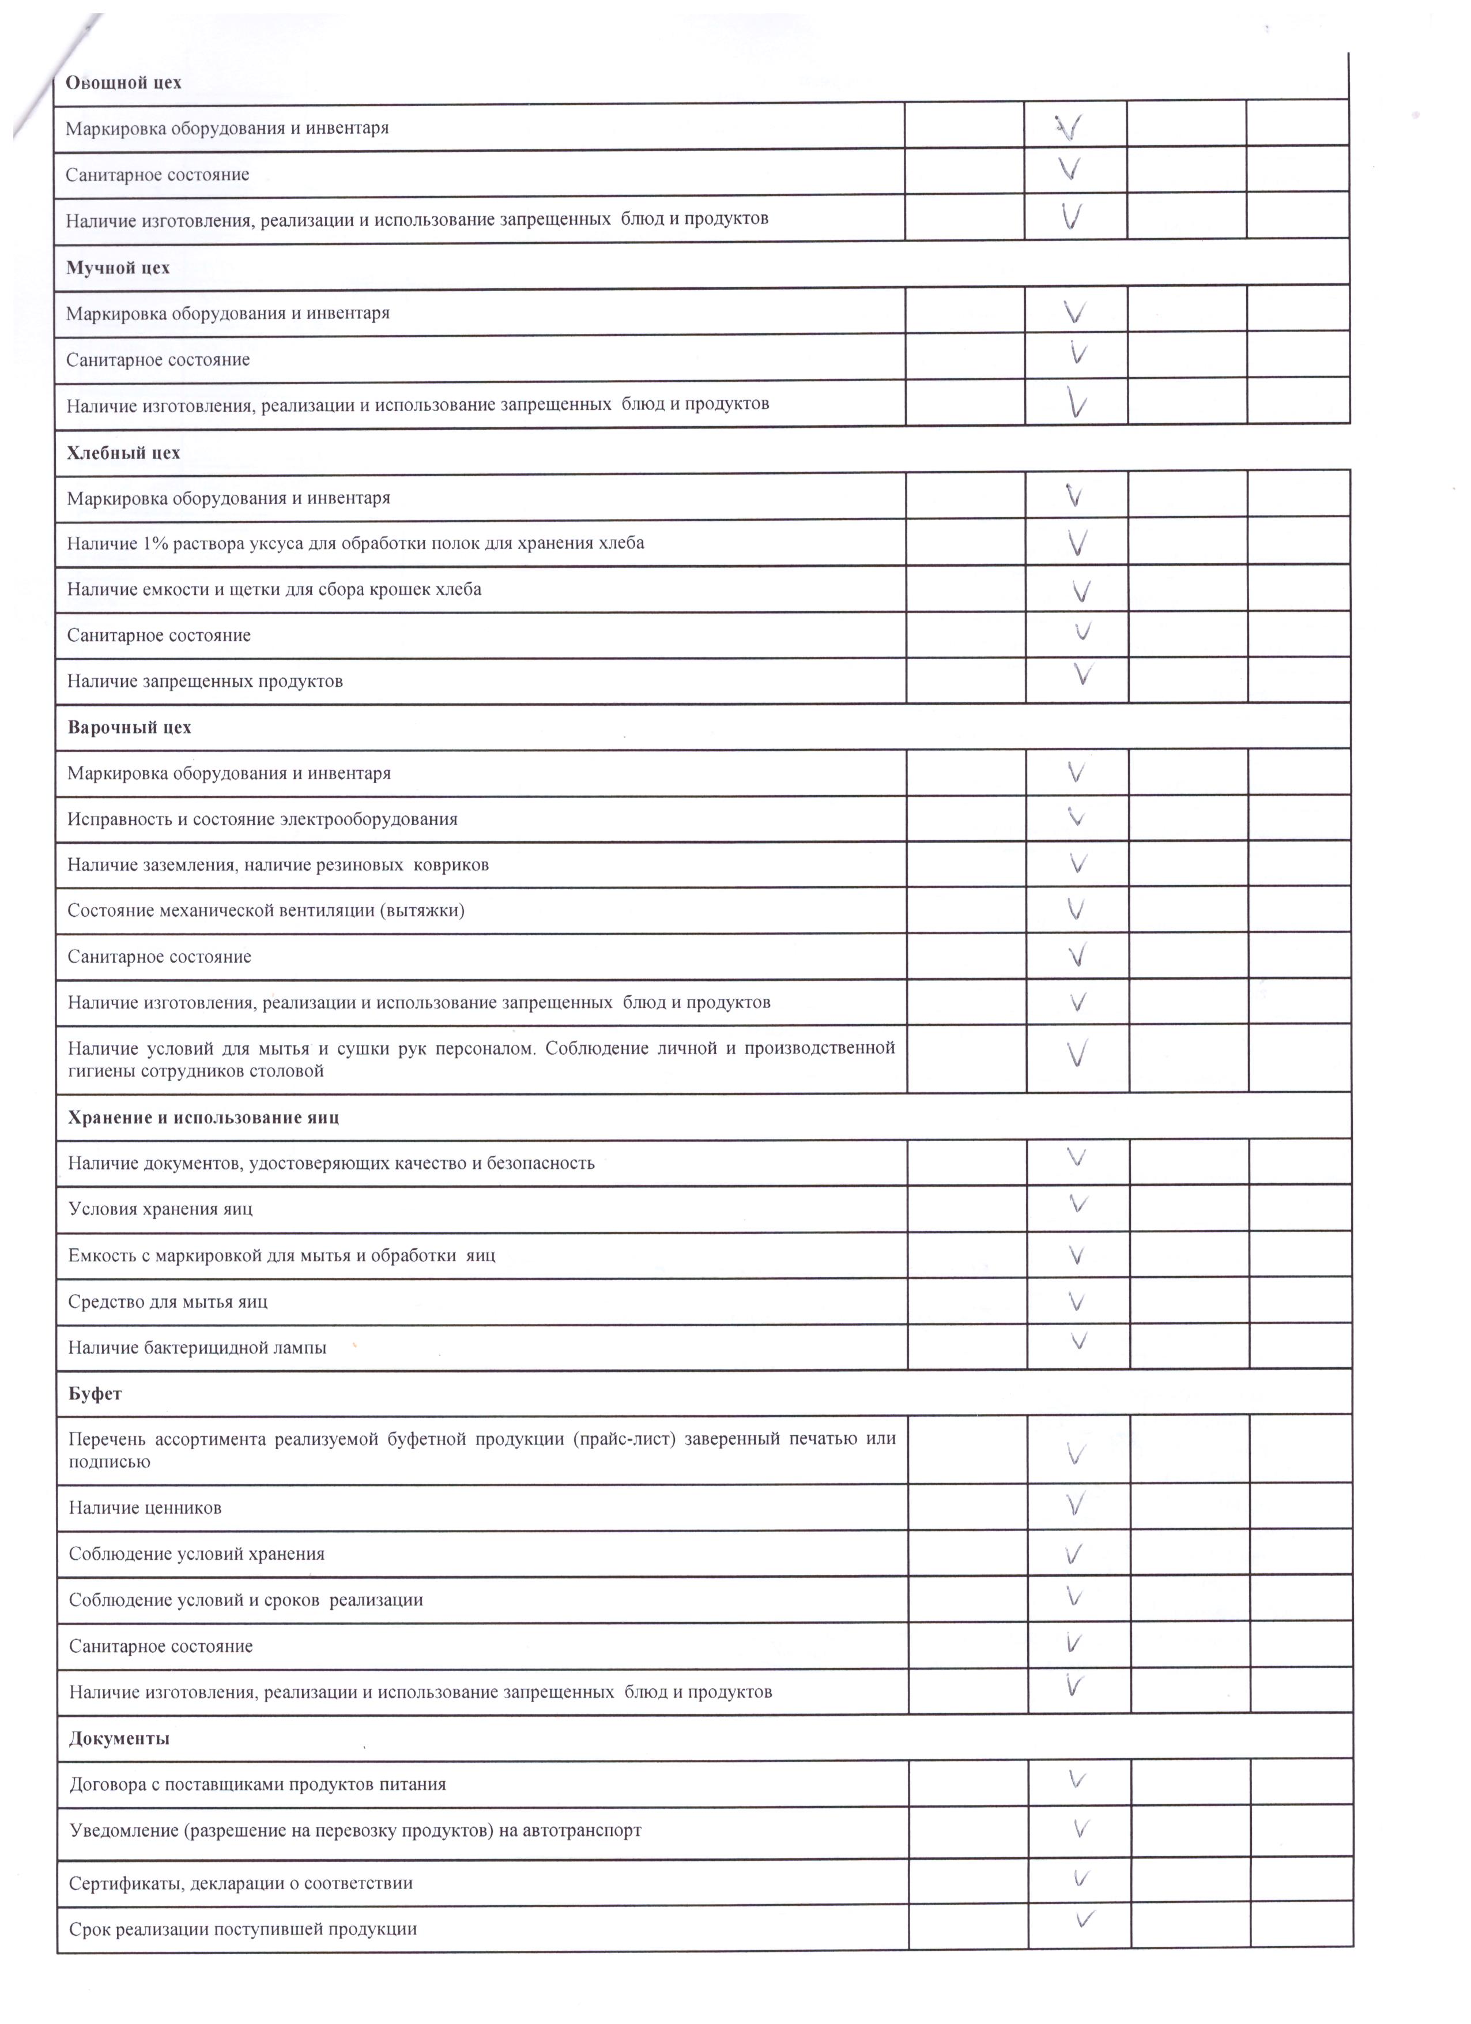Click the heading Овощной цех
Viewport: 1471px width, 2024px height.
pos(123,83)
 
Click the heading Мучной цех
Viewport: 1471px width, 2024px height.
pos(118,268)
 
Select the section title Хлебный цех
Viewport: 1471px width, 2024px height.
pos(123,453)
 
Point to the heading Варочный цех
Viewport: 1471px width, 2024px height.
pos(129,727)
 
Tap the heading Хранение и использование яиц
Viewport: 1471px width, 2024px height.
pos(203,1118)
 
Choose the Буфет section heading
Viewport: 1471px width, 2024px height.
pos(95,1394)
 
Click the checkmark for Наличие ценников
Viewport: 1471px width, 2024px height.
pos(1076,1506)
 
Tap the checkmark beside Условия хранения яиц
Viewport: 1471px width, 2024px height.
pos(1078,1205)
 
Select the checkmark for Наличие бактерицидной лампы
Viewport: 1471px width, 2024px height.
pos(1078,1341)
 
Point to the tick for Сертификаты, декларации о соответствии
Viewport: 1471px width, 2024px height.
pos(1080,1879)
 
